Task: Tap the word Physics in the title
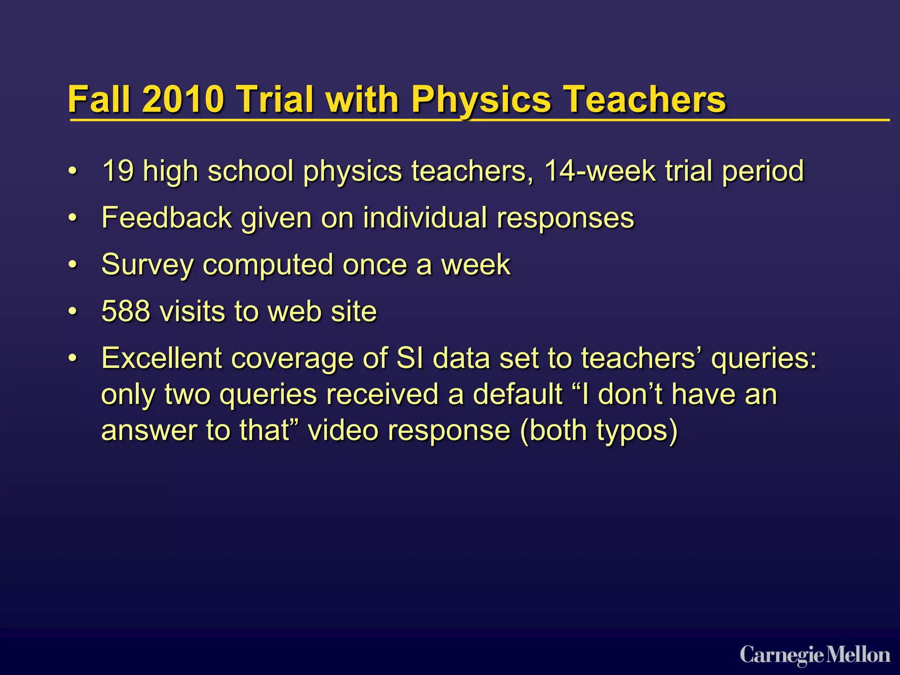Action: (x=481, y=100)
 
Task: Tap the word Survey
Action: (x=147, y=265)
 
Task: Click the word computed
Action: (x=268, y=265)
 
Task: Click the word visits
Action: (x=192, y=312)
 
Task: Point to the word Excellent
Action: (x=161, y=358)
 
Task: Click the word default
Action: (x=518, y=394)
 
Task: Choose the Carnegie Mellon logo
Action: (x=815, y=655)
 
